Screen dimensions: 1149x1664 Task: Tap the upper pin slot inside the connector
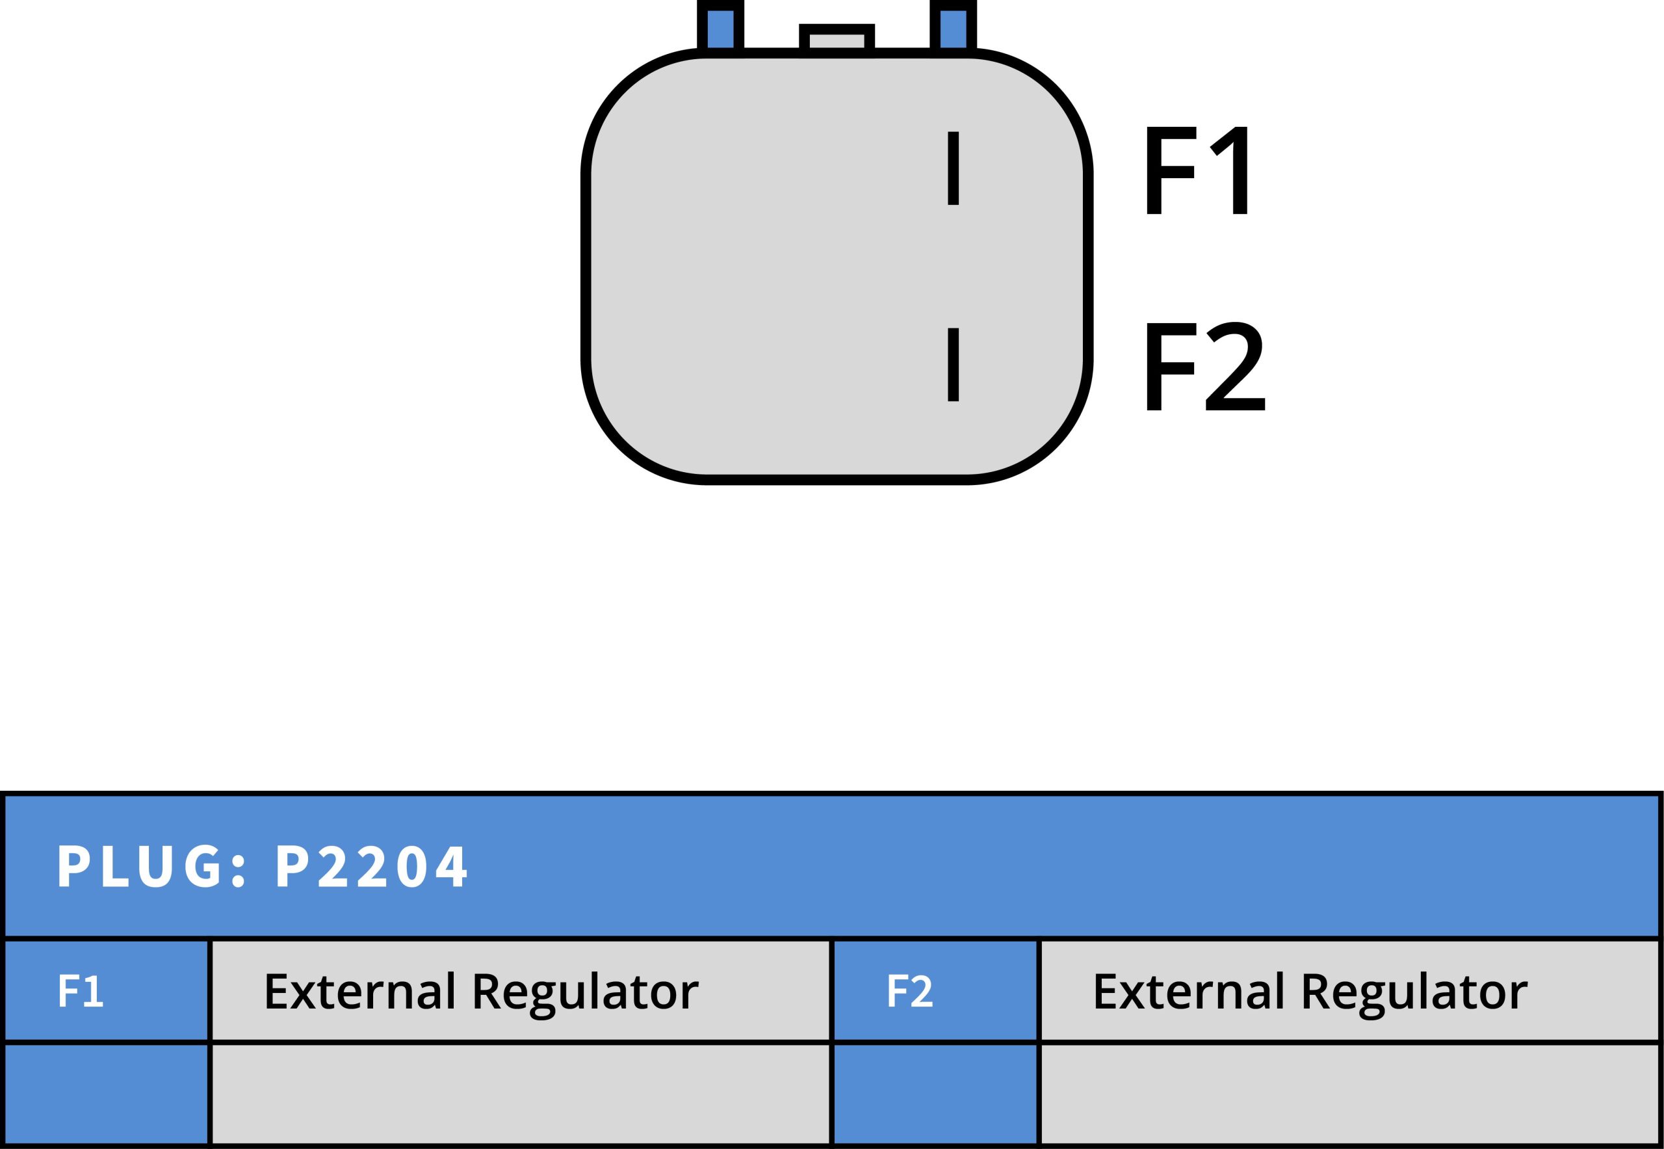(x=953, y=168)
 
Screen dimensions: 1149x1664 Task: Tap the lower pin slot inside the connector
(x=953, y=364)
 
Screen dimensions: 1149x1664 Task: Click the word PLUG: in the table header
(x=151, y=867)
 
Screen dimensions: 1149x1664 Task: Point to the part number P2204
(x=371, y=867)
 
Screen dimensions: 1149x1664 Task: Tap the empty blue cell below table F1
(x=106, y=1094)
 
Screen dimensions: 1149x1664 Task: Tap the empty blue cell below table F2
(x=934, y=1094)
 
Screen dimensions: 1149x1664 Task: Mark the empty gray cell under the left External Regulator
(x=519, y=1094)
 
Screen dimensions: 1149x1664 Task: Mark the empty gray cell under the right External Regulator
(x=1349, y=1094)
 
